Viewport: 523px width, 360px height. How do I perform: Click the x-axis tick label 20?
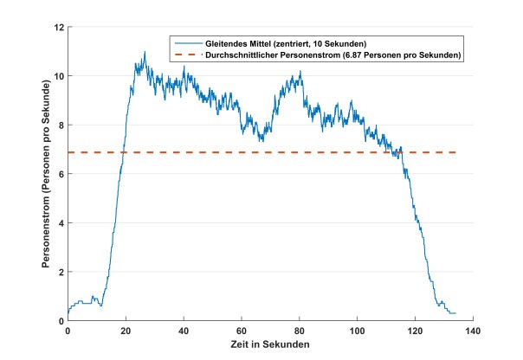[x=126, y=331]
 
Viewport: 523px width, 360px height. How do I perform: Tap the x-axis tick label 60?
[x=242, y=331]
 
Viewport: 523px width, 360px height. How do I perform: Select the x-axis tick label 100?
[x=358, y=331]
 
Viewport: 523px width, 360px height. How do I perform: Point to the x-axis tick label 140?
[x=474, y=331]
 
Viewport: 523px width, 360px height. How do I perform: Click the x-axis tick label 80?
[x=300, y=331]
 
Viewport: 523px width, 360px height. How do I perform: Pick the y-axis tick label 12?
[x=57, y=27]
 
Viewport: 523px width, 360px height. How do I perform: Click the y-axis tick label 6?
[x=60, y=174]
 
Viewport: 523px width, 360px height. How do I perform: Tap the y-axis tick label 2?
[x=60, y=272]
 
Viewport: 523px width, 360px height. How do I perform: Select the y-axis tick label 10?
[x=57, y=76]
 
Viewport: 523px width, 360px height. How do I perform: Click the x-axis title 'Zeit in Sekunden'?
[x=270, y=344]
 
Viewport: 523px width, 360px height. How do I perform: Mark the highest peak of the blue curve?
[x=145, y=52]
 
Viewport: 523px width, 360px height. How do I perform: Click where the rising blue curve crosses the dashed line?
[x=123, y=152]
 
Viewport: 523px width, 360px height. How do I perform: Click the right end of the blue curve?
[x=455, y=313]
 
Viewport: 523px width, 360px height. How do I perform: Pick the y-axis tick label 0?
[x=60, y=321]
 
